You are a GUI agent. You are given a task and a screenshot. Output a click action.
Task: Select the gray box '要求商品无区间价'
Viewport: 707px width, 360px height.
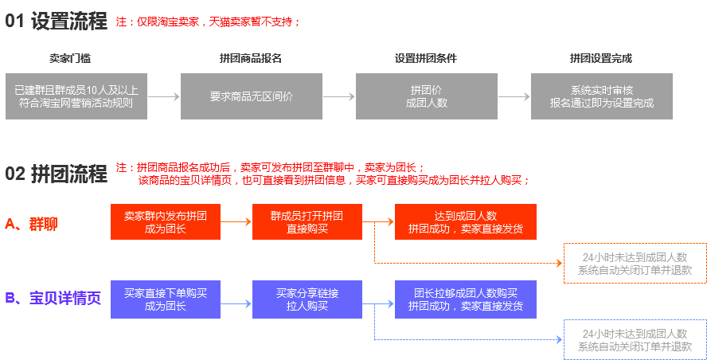point(252,96)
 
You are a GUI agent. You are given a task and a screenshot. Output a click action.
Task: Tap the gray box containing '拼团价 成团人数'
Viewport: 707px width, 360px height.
point(426,96)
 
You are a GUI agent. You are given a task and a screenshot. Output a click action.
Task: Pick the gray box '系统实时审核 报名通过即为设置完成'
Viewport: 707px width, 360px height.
point(602,96)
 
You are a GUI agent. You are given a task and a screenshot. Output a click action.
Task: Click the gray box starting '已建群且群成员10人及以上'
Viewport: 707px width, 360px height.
point(76,96)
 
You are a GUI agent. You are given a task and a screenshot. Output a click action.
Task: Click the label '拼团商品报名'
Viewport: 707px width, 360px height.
point(251,58)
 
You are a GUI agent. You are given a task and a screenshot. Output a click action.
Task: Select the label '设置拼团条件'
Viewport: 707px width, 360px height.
point(426,58)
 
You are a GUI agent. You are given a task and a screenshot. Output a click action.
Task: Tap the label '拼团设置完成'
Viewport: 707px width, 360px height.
point(601,58)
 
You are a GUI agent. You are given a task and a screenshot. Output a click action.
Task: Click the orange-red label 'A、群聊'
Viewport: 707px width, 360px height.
point(31,224)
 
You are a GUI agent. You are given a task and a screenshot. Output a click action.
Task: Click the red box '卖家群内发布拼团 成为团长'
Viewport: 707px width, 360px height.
point(166,222)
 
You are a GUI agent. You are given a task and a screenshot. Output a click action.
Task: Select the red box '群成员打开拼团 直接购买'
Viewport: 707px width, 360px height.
point(307,222)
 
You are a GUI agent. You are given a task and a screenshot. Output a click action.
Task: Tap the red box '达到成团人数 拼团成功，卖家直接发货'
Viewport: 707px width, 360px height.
point(466,222)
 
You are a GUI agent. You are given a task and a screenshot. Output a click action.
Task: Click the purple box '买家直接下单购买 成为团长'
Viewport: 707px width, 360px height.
point(166,299)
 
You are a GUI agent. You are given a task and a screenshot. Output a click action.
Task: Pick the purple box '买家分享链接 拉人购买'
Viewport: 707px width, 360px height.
point(307,299)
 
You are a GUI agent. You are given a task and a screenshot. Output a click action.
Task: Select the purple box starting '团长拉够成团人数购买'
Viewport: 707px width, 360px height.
point(466,299)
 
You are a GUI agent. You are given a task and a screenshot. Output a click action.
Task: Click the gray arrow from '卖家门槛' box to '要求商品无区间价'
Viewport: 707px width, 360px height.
point(164,96)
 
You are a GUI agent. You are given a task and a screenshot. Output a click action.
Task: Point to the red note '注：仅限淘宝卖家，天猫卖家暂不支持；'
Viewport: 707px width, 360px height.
point(209,22)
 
